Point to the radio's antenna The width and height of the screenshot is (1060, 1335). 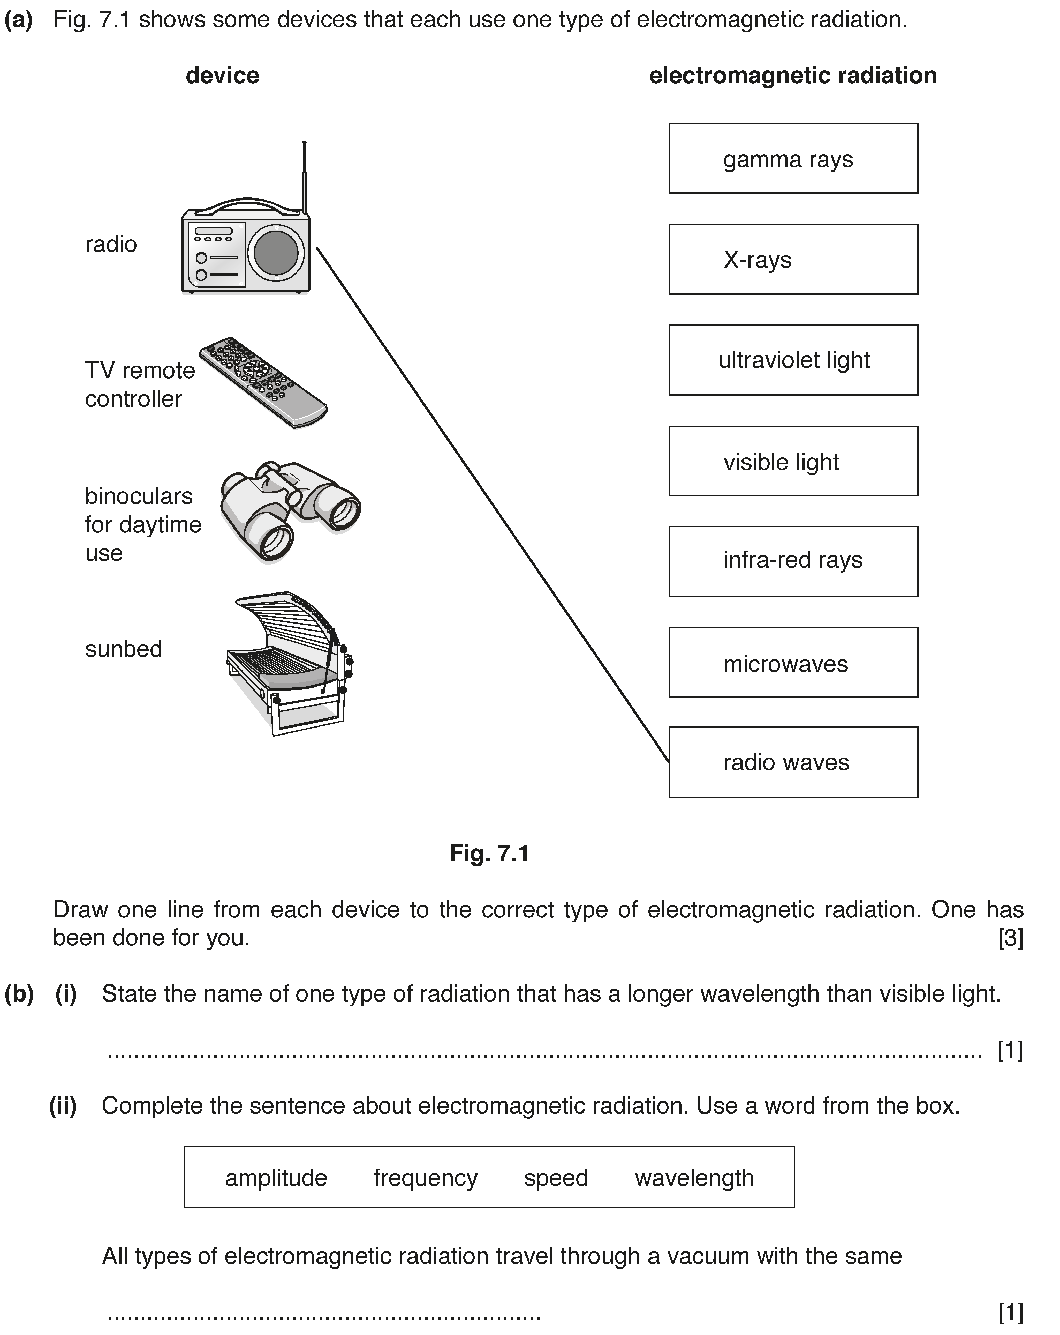[304, 178]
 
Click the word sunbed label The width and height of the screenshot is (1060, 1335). [124, 649]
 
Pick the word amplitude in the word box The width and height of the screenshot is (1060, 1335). [276, 1178]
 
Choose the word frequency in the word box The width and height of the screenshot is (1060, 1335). [426, 1178]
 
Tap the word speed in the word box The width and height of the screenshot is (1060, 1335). [556, 1178]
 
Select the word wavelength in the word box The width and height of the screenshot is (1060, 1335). [694, 1178]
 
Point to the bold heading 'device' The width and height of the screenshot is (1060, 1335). [222, 76]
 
